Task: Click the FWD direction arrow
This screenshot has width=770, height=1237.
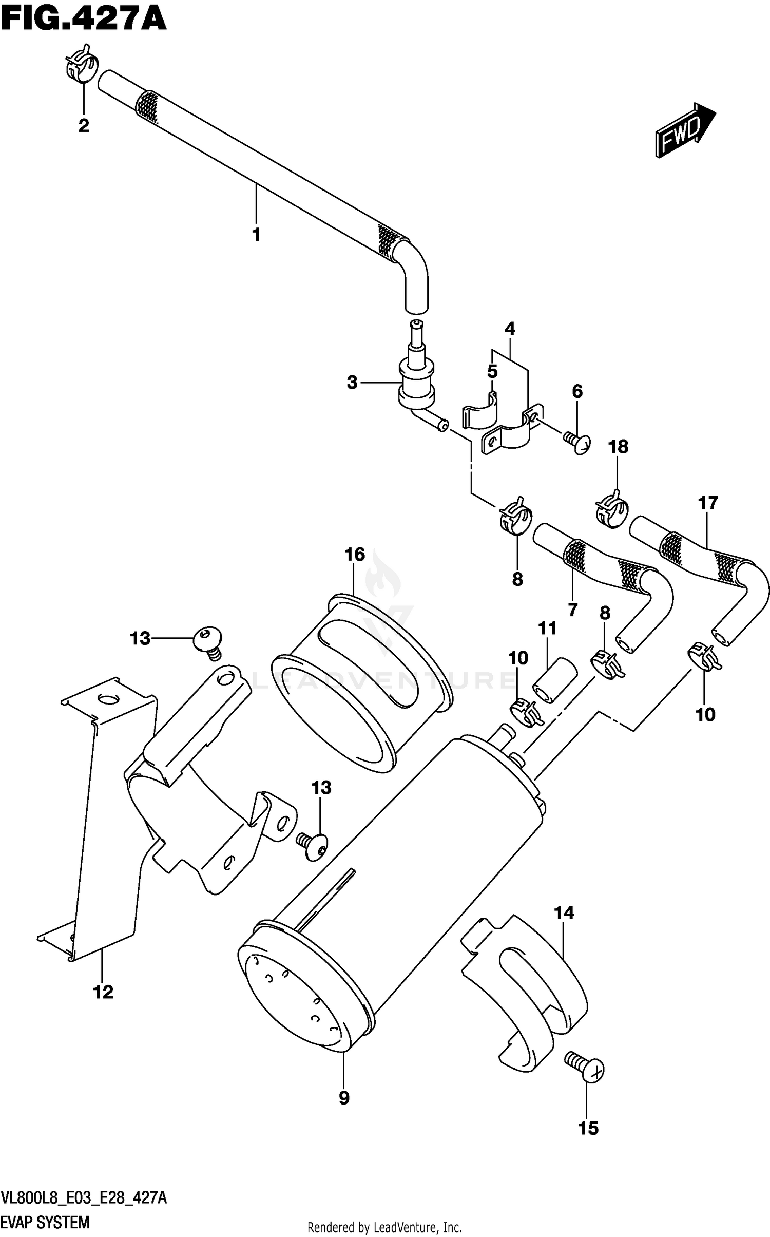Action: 685,130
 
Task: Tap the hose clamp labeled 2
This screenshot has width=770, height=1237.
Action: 81,68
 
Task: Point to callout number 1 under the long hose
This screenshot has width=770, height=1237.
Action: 256,235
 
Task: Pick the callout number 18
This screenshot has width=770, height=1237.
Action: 618,447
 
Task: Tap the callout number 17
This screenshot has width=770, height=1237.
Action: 707,503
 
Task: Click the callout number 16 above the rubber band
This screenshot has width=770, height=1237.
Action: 355,555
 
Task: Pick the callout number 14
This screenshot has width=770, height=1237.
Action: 564,912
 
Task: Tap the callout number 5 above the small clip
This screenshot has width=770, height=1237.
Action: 492,371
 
